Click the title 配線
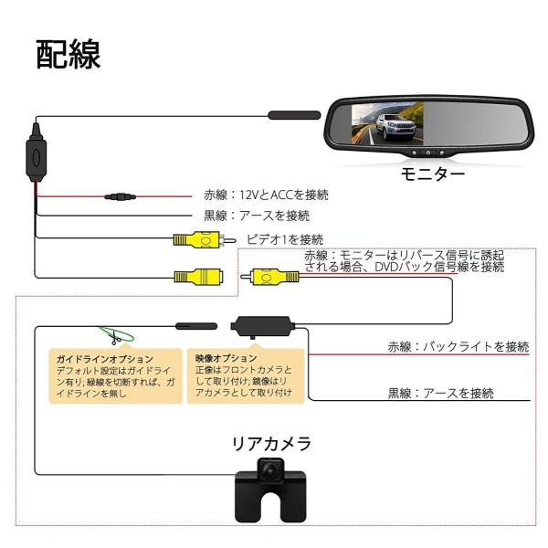(68, 54)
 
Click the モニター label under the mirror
(432, 173)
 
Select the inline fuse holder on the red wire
(121, 196)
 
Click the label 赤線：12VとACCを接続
(265, 195)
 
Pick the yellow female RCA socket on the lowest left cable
(199, 276)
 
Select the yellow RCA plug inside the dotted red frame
(275, 276)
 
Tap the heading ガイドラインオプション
(104, 359)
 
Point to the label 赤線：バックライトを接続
(458, 346)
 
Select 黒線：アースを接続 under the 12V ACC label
(256, 216)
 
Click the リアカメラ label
(271, 445)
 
